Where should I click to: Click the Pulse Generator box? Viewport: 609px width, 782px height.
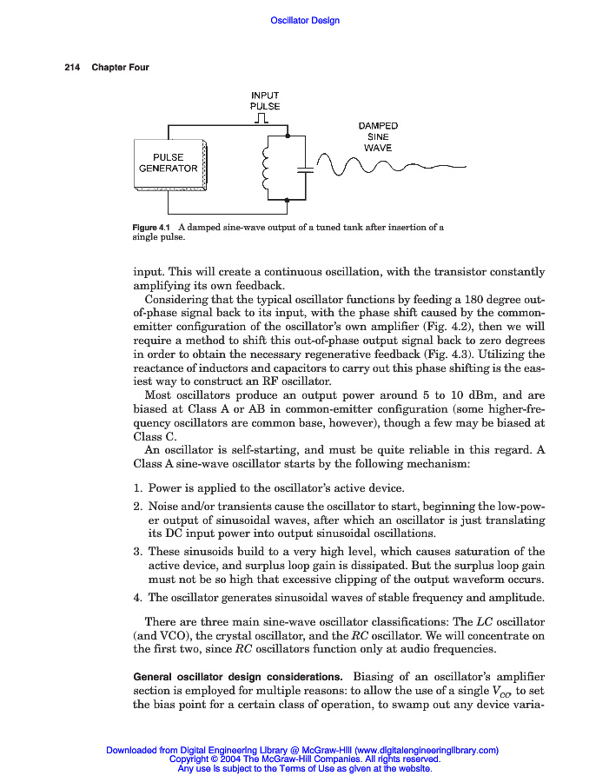169,162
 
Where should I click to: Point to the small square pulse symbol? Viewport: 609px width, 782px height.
264,119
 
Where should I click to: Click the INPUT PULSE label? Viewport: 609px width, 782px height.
265,101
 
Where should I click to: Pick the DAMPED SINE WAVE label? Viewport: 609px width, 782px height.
378,136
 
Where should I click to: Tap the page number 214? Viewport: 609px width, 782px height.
72,68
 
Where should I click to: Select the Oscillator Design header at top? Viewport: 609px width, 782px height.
305,20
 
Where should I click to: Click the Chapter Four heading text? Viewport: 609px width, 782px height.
121,68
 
